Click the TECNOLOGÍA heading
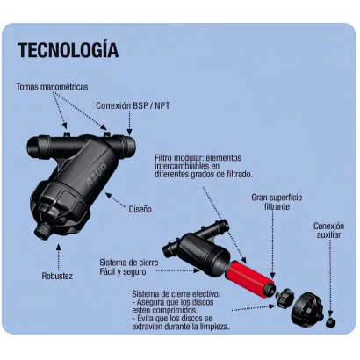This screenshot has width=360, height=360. tap(68, 49)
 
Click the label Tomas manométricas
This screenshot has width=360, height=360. tap(52, 87)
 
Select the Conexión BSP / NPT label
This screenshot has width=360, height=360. tap(133, 105)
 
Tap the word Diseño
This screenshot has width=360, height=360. tap(140, 209)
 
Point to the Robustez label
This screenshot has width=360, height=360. tap(57, 276)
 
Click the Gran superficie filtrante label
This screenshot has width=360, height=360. tap(277, 202)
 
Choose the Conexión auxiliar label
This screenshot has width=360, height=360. tap(329, 230)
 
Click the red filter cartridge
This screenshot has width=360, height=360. tap(250, 276)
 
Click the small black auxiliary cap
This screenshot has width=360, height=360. tap(331, 322)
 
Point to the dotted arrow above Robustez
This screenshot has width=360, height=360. tap(59, 257)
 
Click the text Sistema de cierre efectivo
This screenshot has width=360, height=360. tap(176, 293)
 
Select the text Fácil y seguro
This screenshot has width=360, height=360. tap(123, 272)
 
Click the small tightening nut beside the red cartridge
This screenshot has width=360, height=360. tap(285, 298)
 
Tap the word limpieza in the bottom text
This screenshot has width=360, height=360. tap(213, 327)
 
